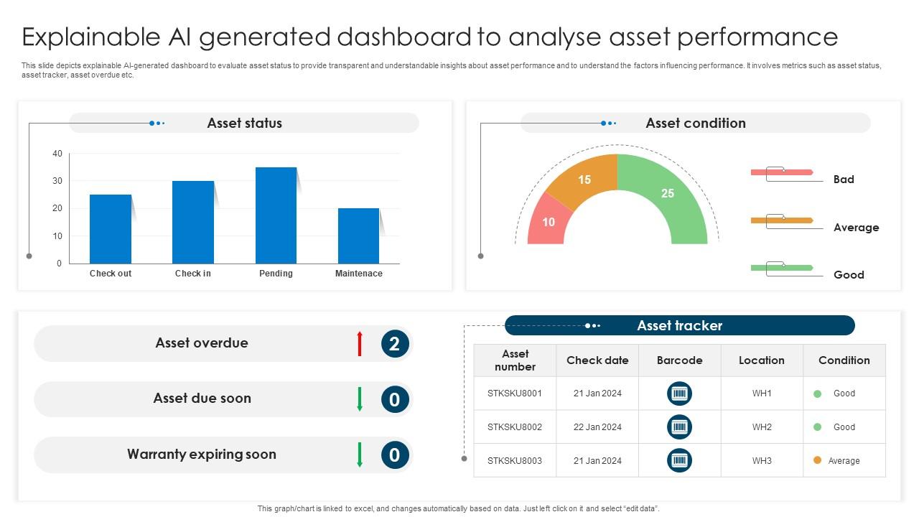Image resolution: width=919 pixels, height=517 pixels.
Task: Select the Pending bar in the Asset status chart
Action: tap(276, 215)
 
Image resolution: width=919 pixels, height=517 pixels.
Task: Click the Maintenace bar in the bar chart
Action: tap(358, 236)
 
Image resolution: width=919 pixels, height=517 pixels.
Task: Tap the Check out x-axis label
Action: tap(111, 274)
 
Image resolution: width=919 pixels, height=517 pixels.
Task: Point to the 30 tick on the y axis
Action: tap(57, 181)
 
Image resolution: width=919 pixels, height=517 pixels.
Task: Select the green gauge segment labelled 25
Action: tap(668, 197)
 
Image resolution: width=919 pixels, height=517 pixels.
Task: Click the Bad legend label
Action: tap(844, 180)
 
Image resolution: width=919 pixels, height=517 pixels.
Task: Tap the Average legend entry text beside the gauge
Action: tap(857, 228)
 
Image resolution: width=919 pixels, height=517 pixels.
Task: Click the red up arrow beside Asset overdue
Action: tap(360, 343)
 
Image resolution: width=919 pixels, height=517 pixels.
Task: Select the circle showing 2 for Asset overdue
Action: tap(395, 343)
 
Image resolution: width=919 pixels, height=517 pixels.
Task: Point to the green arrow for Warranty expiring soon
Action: tap(360, 455)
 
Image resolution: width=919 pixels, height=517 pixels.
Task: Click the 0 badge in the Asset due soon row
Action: tap(395, 399)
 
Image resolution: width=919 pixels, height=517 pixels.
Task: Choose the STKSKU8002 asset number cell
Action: tap(515, 427)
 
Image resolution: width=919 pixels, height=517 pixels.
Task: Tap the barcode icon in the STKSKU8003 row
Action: tap(679, 460)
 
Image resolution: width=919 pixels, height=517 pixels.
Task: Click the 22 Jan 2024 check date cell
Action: tap(597, 427)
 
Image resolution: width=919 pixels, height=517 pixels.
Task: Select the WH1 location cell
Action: tap(762, 393)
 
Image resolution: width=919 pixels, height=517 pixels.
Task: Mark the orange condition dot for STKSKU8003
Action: tap(817, 460)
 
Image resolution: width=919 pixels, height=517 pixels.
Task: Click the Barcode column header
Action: tap(679, 360)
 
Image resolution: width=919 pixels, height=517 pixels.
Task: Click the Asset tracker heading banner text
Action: tap(679, 325)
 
